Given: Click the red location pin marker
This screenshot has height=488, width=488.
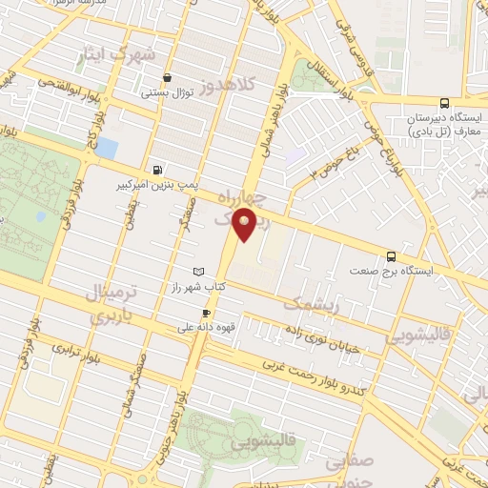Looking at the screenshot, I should [x=245, y=225].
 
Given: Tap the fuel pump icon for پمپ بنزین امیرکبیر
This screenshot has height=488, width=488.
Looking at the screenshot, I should [x=157, y=163].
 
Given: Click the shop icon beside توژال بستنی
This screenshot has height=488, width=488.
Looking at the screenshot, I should [x=169, y=78].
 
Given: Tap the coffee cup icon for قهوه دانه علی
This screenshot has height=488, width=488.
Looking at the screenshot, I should [x=206, y=313].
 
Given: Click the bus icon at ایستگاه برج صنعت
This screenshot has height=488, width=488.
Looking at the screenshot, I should [x=391, y=255].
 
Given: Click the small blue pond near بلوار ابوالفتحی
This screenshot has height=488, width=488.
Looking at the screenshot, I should [x=107, y=149].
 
